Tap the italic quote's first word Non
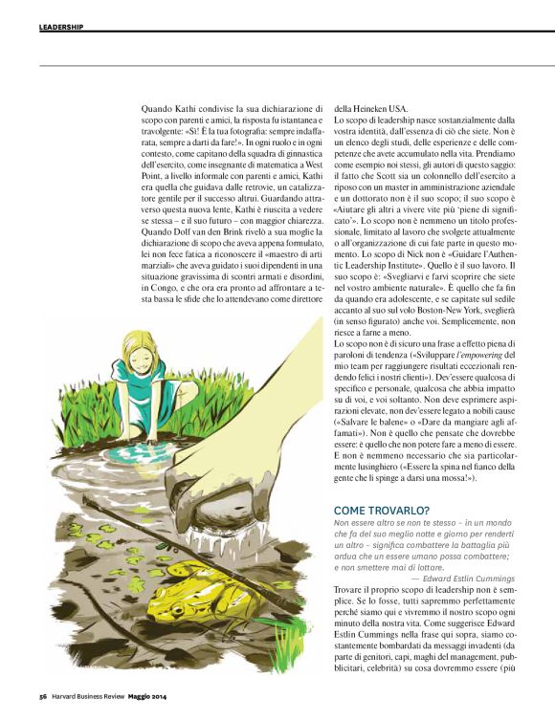342,523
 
